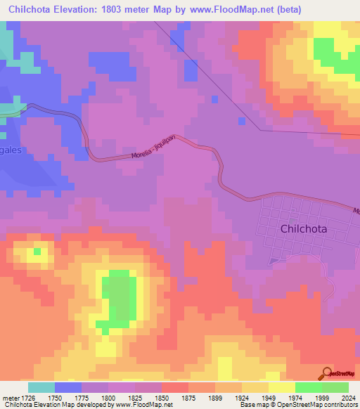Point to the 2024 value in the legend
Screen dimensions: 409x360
pos(348,398)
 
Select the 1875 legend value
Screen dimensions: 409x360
pos(188,398)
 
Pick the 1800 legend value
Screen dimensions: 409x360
pos(108,398)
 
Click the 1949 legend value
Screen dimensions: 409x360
pos(268,398)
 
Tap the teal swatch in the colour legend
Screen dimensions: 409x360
pos(41,387)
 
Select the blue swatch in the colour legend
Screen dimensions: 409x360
pos(68,387)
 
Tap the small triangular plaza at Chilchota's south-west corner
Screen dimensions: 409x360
pos(274,260)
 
